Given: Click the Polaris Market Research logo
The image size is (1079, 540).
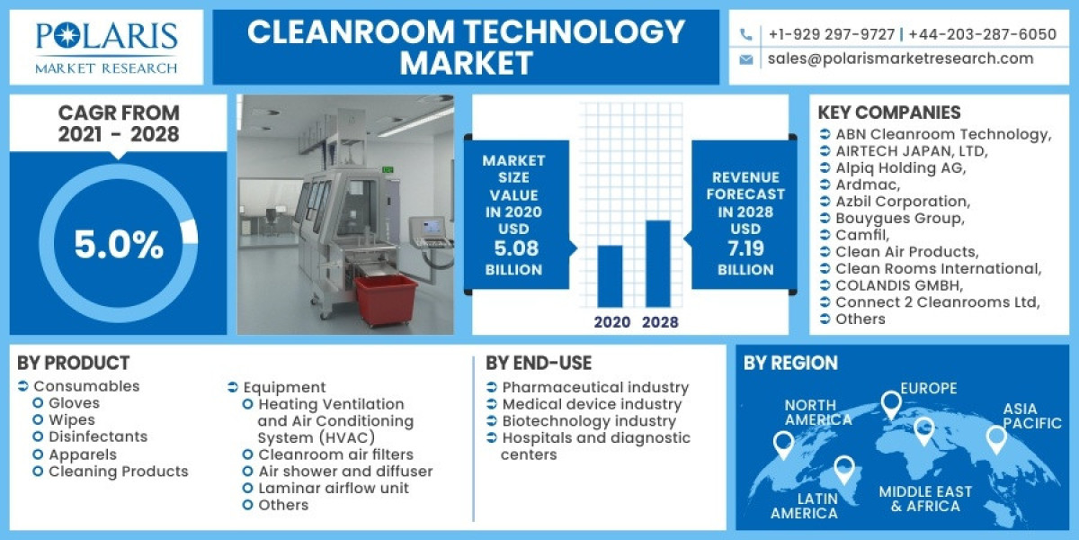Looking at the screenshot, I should [x=106, y=47].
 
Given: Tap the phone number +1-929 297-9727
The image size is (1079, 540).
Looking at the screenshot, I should [x=831, y=35].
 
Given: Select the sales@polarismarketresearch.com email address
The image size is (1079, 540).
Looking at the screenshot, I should [x=900, y=58].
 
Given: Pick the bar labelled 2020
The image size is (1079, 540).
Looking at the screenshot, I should [x=611, y=276].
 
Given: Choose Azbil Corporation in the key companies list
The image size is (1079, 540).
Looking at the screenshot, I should [x=902, y=202].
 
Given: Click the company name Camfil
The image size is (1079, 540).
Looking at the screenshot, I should [x=859, y=235].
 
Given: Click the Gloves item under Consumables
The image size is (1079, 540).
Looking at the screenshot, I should [x=74, y=403].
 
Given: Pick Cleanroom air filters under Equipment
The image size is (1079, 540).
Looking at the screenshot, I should [x=335, y=454].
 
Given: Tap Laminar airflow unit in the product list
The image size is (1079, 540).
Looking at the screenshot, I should [x=333, y=488].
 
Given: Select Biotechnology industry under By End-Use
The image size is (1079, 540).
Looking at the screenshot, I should [x=588, y=420].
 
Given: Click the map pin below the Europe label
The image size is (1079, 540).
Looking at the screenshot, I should [x=891, y=405].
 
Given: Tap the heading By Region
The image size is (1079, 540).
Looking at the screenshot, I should [x=790, y=363].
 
